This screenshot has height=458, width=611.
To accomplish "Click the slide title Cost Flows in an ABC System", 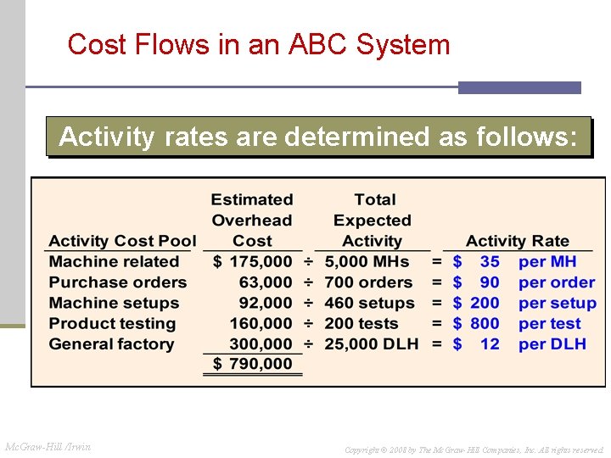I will [x=259, y=44].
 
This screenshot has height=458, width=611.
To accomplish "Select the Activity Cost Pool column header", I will [x=122, y=241].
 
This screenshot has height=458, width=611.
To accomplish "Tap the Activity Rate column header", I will [x=517, y=241].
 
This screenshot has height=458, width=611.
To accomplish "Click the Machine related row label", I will [x=114, y=262].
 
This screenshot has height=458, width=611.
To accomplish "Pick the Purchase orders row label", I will [x=117, y=282].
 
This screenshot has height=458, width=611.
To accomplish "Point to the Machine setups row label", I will [x=114, y=303].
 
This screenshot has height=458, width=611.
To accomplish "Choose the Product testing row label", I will [x=112, y=323].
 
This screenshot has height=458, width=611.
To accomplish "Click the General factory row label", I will [x=111, y=344].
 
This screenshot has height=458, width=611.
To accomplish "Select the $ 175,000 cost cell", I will [x=252, y=262].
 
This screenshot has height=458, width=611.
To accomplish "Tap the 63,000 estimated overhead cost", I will [x=266, y=282].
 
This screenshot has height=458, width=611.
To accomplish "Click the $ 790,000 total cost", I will [x=252, y=364].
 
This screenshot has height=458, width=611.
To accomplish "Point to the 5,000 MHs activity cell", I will [x=367, y=262].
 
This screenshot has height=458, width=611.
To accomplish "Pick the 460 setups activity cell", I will [x=368, y=303].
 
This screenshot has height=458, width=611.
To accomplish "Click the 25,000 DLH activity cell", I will [x=373, y=344].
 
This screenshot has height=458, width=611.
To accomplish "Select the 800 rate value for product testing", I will [x=485, y=323].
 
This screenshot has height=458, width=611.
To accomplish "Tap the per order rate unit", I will [x=557, y=282].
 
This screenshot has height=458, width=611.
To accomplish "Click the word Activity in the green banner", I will [x=107, y=137].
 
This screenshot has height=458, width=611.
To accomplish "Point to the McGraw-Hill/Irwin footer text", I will [x=48, y=447].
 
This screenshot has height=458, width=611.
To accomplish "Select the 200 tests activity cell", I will [x=362, y=323].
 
